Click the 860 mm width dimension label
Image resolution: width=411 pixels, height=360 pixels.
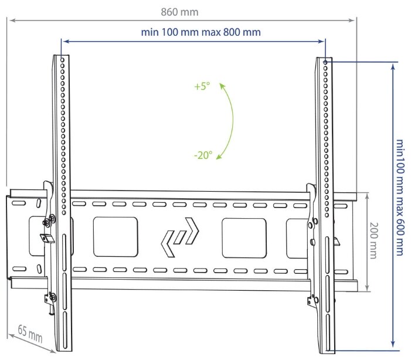click(179, 12)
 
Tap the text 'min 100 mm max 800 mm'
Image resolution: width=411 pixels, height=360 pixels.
click(201, 32)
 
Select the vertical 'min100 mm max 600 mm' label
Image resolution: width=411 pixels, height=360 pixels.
click(400, 197)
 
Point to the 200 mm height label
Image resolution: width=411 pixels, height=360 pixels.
click(374, 240)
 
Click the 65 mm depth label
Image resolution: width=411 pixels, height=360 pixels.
click(30, 334)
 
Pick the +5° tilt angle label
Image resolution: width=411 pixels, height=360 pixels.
click(202, 86)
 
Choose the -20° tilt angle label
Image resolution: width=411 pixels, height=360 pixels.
click(203, 155)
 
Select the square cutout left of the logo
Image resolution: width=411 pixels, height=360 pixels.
click(116, 236)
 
